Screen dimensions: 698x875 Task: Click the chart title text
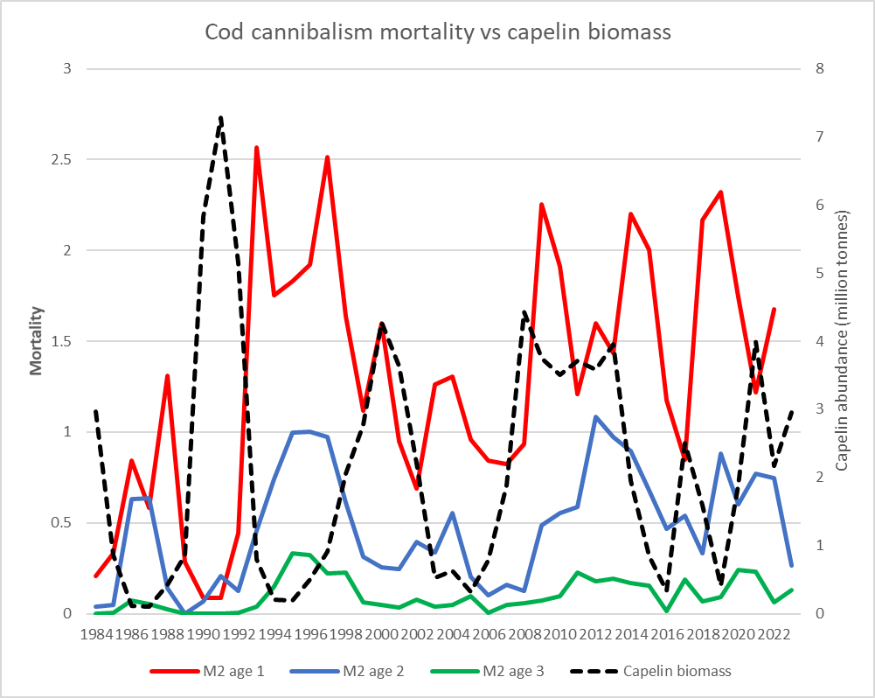[x=437, y=32]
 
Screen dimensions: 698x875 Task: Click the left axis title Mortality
[x=37, y=340]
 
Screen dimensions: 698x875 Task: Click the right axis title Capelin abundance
[x=842, y=340]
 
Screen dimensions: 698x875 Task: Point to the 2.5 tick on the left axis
[x=61, y=160]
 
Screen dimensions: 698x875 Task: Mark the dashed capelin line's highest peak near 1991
[x=220, y=116]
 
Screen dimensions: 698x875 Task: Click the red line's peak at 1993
[x=256, y=148]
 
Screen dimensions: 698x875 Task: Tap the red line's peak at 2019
[x=720, y=192]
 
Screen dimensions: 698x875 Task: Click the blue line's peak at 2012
[x=595, y=417]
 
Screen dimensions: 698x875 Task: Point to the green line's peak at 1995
[x=292, y=553]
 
